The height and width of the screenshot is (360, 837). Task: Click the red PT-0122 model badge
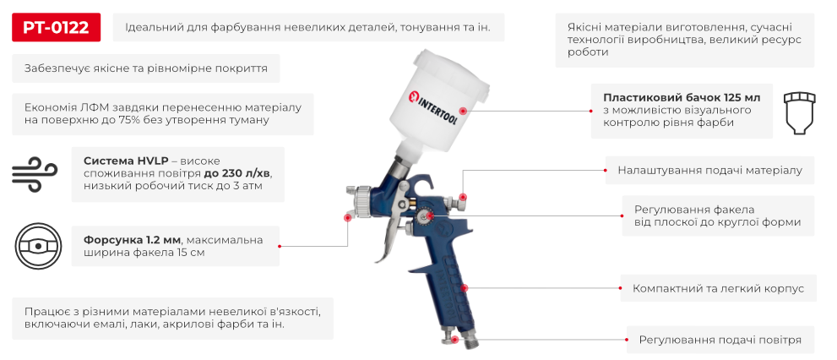point(57,27)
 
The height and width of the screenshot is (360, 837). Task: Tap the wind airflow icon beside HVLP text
point(34,173)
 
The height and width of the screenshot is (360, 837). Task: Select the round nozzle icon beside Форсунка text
point(40,245)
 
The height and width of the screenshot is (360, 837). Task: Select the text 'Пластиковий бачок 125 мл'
point(682,96)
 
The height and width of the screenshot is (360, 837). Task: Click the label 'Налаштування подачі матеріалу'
point(709,170)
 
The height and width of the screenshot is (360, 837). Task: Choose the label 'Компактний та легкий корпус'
point(718,288)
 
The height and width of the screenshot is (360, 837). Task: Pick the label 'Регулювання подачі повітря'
point(720,340)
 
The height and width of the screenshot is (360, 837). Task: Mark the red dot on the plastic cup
point(462,111)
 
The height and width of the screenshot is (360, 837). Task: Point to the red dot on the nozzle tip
point(347,217)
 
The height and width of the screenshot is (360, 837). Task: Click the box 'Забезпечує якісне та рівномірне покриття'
point(147,68)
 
